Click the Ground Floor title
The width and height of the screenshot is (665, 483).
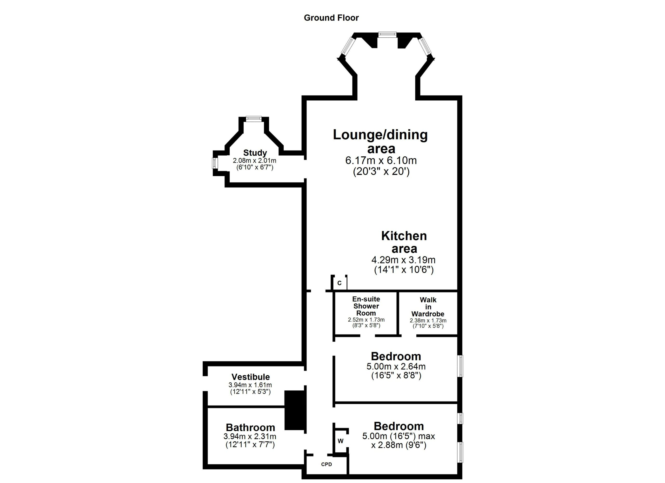point(331,18)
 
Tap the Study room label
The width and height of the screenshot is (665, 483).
point(255,153)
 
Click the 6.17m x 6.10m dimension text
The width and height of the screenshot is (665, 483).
point(381,160)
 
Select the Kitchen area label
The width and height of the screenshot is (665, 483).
point(404,242)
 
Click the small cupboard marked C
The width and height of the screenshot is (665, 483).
point(340,283)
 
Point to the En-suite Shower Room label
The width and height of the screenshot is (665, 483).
point(366,306)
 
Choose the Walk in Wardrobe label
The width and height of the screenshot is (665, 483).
point(428,307)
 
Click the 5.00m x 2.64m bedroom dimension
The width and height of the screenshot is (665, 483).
point(396,366)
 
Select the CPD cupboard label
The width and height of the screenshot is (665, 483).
point(326,465)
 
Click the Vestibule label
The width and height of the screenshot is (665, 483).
point(250,377)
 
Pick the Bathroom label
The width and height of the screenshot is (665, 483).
point(250,427)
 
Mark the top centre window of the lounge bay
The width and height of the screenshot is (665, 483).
point(387,34)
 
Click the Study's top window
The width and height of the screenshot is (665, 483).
point(253,119)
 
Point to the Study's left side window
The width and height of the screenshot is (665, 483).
point(215,163)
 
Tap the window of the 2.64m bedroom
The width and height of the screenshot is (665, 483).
point(461,366)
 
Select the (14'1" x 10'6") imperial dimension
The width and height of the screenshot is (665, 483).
point(404,270)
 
